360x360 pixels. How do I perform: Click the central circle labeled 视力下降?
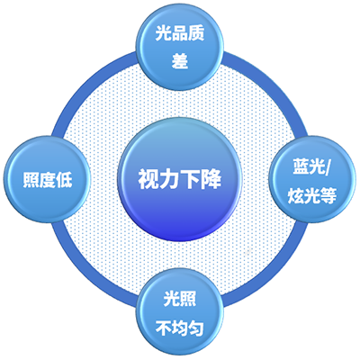click(180, 179)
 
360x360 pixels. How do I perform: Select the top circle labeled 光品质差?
click(180, 47)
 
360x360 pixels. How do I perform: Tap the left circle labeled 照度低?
click(47, 179)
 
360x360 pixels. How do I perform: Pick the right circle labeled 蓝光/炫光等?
click(312, 179)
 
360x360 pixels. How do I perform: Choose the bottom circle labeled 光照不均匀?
click(180, 312)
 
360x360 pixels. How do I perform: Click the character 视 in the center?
click(148, 180)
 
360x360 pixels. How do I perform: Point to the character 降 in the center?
click(211, 180)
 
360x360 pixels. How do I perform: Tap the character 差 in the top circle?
click(180, 61)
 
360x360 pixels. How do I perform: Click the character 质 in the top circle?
click(196, 32)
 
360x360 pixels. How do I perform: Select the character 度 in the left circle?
click(48, 180)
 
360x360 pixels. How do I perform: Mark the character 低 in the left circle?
click(64, 180)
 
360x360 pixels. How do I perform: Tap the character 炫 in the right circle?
click(296, 195)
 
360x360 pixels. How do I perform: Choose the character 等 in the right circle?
click(328, 195)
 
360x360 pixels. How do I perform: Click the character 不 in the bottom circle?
click(164, 328)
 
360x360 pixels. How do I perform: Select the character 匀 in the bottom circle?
click(196, 328)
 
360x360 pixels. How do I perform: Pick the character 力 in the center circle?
click(169, 180)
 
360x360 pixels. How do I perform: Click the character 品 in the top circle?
click(180, 32)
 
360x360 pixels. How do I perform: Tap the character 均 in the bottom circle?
click(180, 328)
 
